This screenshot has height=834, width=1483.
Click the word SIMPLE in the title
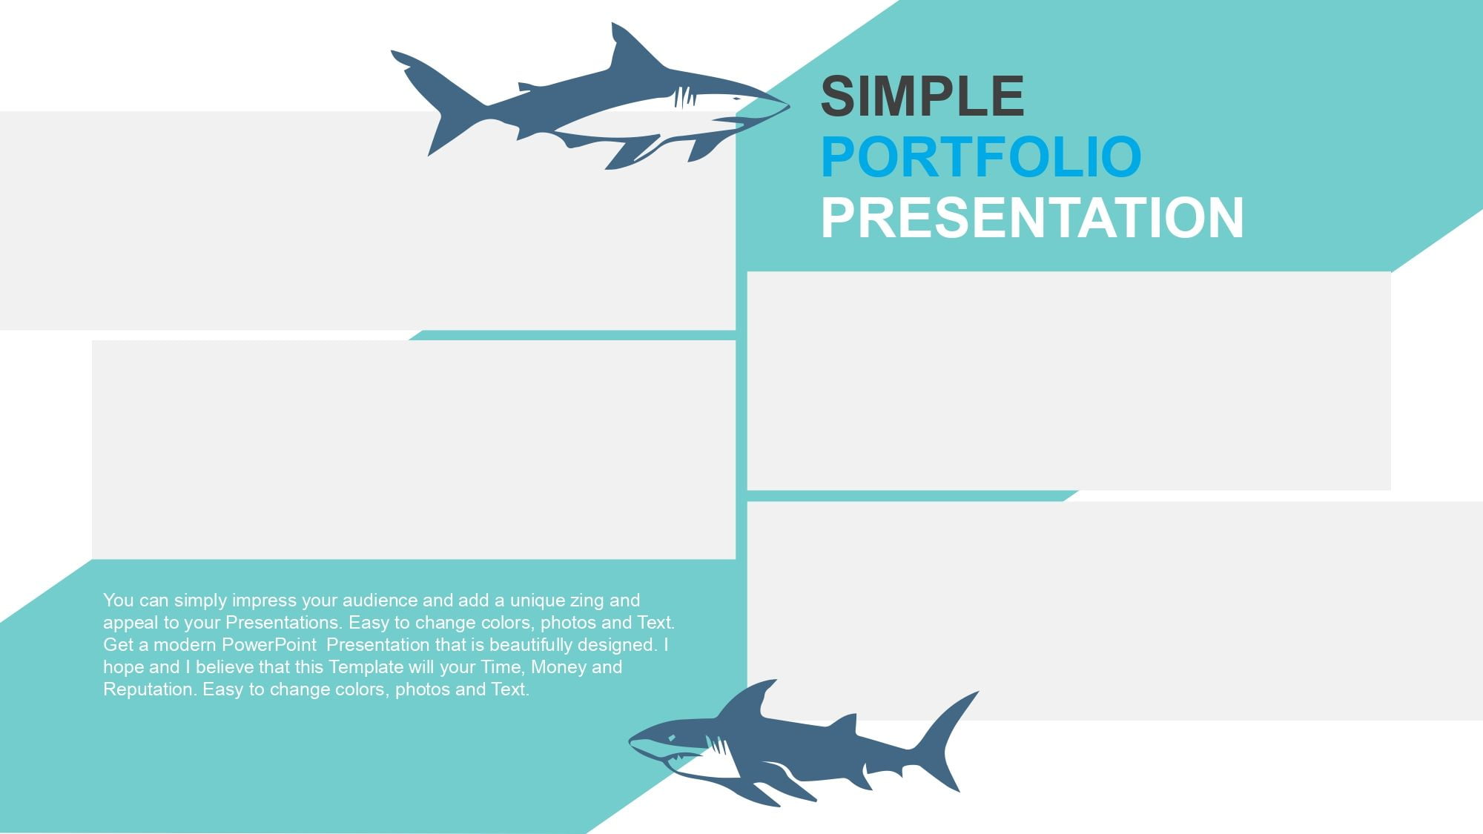tap(922, 96)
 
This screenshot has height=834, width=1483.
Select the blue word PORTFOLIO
tap(981, 157)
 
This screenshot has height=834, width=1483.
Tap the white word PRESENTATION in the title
tap(1032, 218)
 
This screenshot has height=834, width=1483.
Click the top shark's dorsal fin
tap(630, 48)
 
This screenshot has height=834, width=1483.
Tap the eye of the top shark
tap(736, 99)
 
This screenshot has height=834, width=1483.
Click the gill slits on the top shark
tap(684, 97)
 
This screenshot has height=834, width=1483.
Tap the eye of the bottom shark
tap(671, 738)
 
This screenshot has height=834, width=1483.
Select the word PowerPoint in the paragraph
tap(269, 645)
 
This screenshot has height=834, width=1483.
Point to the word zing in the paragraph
tap(587, 601)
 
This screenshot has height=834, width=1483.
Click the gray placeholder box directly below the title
tap(1069, 380)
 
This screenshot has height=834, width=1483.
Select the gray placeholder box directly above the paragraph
tap(414, 449)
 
